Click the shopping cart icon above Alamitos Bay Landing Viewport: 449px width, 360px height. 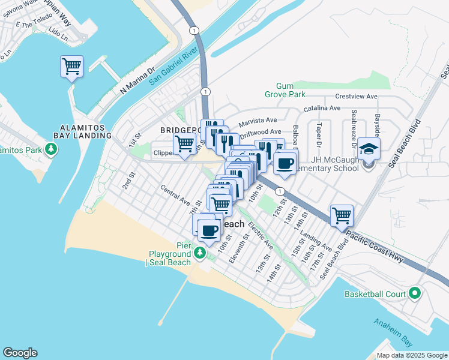tap(71, 66)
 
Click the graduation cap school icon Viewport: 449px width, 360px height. tap(370, 149)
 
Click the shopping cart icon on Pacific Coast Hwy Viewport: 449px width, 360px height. tap(342, 215)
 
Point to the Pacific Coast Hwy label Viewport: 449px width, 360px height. tap(385, 247)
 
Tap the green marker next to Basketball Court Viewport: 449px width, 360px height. tap(415, 294)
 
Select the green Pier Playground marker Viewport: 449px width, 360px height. tap(200, 256)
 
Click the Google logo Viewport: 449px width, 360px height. tap(20, 353)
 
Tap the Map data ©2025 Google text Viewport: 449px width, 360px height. tap(412, 355)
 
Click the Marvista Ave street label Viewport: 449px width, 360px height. tap(258, 122)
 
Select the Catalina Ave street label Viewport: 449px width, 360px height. tap(322, 108)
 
